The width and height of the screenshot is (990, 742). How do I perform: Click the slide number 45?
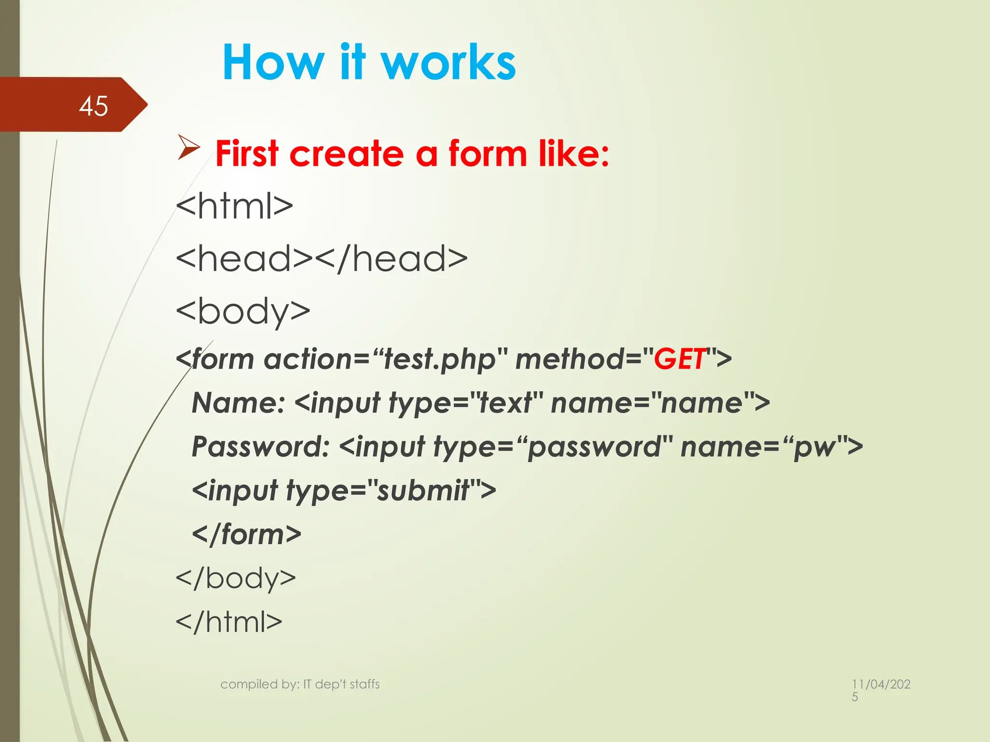coord(93,106)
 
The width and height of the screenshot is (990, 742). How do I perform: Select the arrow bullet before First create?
coord(189,146)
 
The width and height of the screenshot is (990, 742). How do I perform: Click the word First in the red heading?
coord(247,154)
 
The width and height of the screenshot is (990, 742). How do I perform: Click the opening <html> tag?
coord(234,206)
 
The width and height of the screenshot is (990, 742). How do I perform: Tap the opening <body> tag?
coord(243,312)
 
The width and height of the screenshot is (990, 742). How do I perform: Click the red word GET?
coord(679,359)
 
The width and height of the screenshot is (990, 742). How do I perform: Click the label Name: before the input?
coord(238,403)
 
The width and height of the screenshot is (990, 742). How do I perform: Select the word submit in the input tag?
coord(423,490)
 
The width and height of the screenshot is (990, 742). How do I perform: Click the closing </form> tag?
coord(247,534)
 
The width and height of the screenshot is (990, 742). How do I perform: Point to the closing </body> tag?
coord(236,578)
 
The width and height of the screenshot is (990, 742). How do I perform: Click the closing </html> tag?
coord(229,622)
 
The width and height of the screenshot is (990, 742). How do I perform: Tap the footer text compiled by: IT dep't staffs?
coord(300,684)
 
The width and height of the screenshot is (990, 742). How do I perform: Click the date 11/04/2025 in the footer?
coord(881,689)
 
